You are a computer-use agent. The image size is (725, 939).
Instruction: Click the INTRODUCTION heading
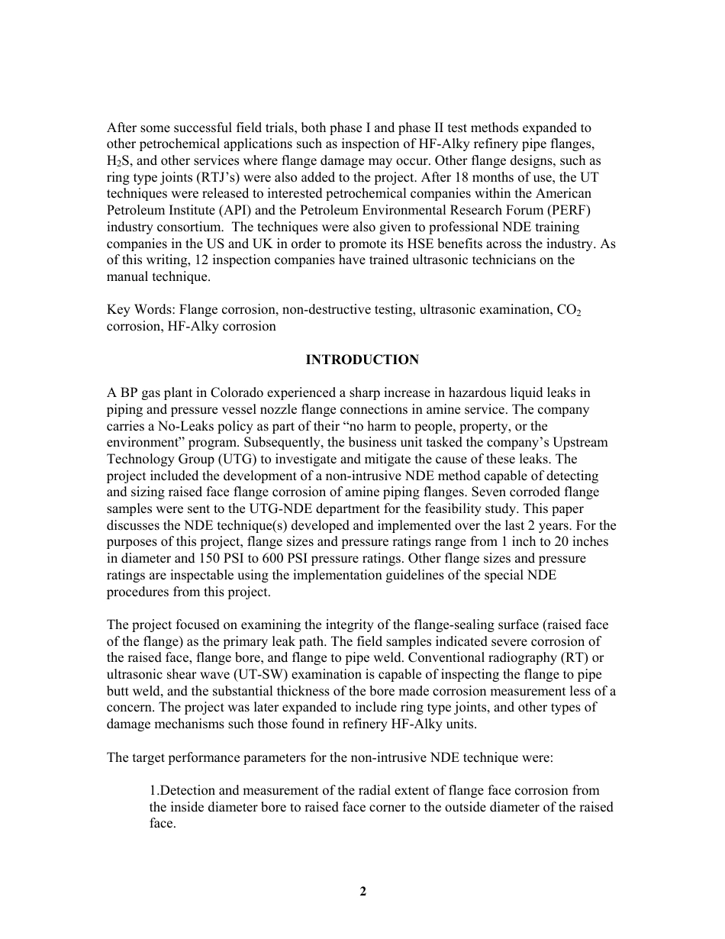[362, 360]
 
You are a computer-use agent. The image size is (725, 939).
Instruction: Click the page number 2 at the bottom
[362, 891]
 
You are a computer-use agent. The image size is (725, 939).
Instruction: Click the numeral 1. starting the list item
[153, 790]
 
